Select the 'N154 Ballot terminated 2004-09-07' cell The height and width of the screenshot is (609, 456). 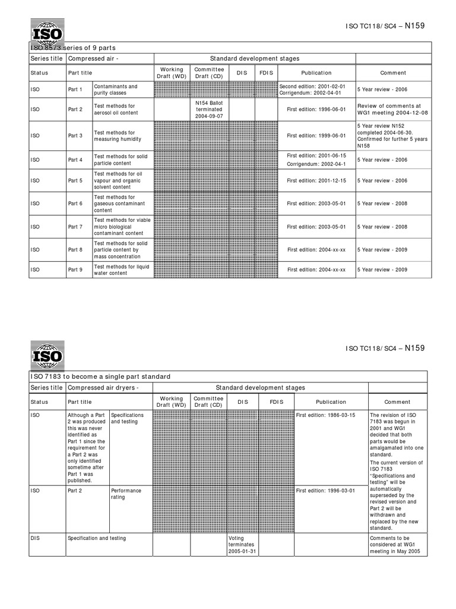(208, 109)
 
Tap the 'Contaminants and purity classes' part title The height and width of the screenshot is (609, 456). (116, 90)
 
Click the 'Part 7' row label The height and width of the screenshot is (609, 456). (75, 227)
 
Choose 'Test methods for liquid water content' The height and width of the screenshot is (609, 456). (122, 270)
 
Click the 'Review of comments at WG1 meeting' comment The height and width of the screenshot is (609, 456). (392, 109)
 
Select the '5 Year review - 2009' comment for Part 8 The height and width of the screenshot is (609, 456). (382, 250)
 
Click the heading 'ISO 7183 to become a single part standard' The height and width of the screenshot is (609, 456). (100, 376)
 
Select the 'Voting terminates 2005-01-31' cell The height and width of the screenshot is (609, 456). (242, 544)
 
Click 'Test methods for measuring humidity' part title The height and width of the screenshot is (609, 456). (118, 136)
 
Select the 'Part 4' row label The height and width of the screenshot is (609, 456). (75, 160)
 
